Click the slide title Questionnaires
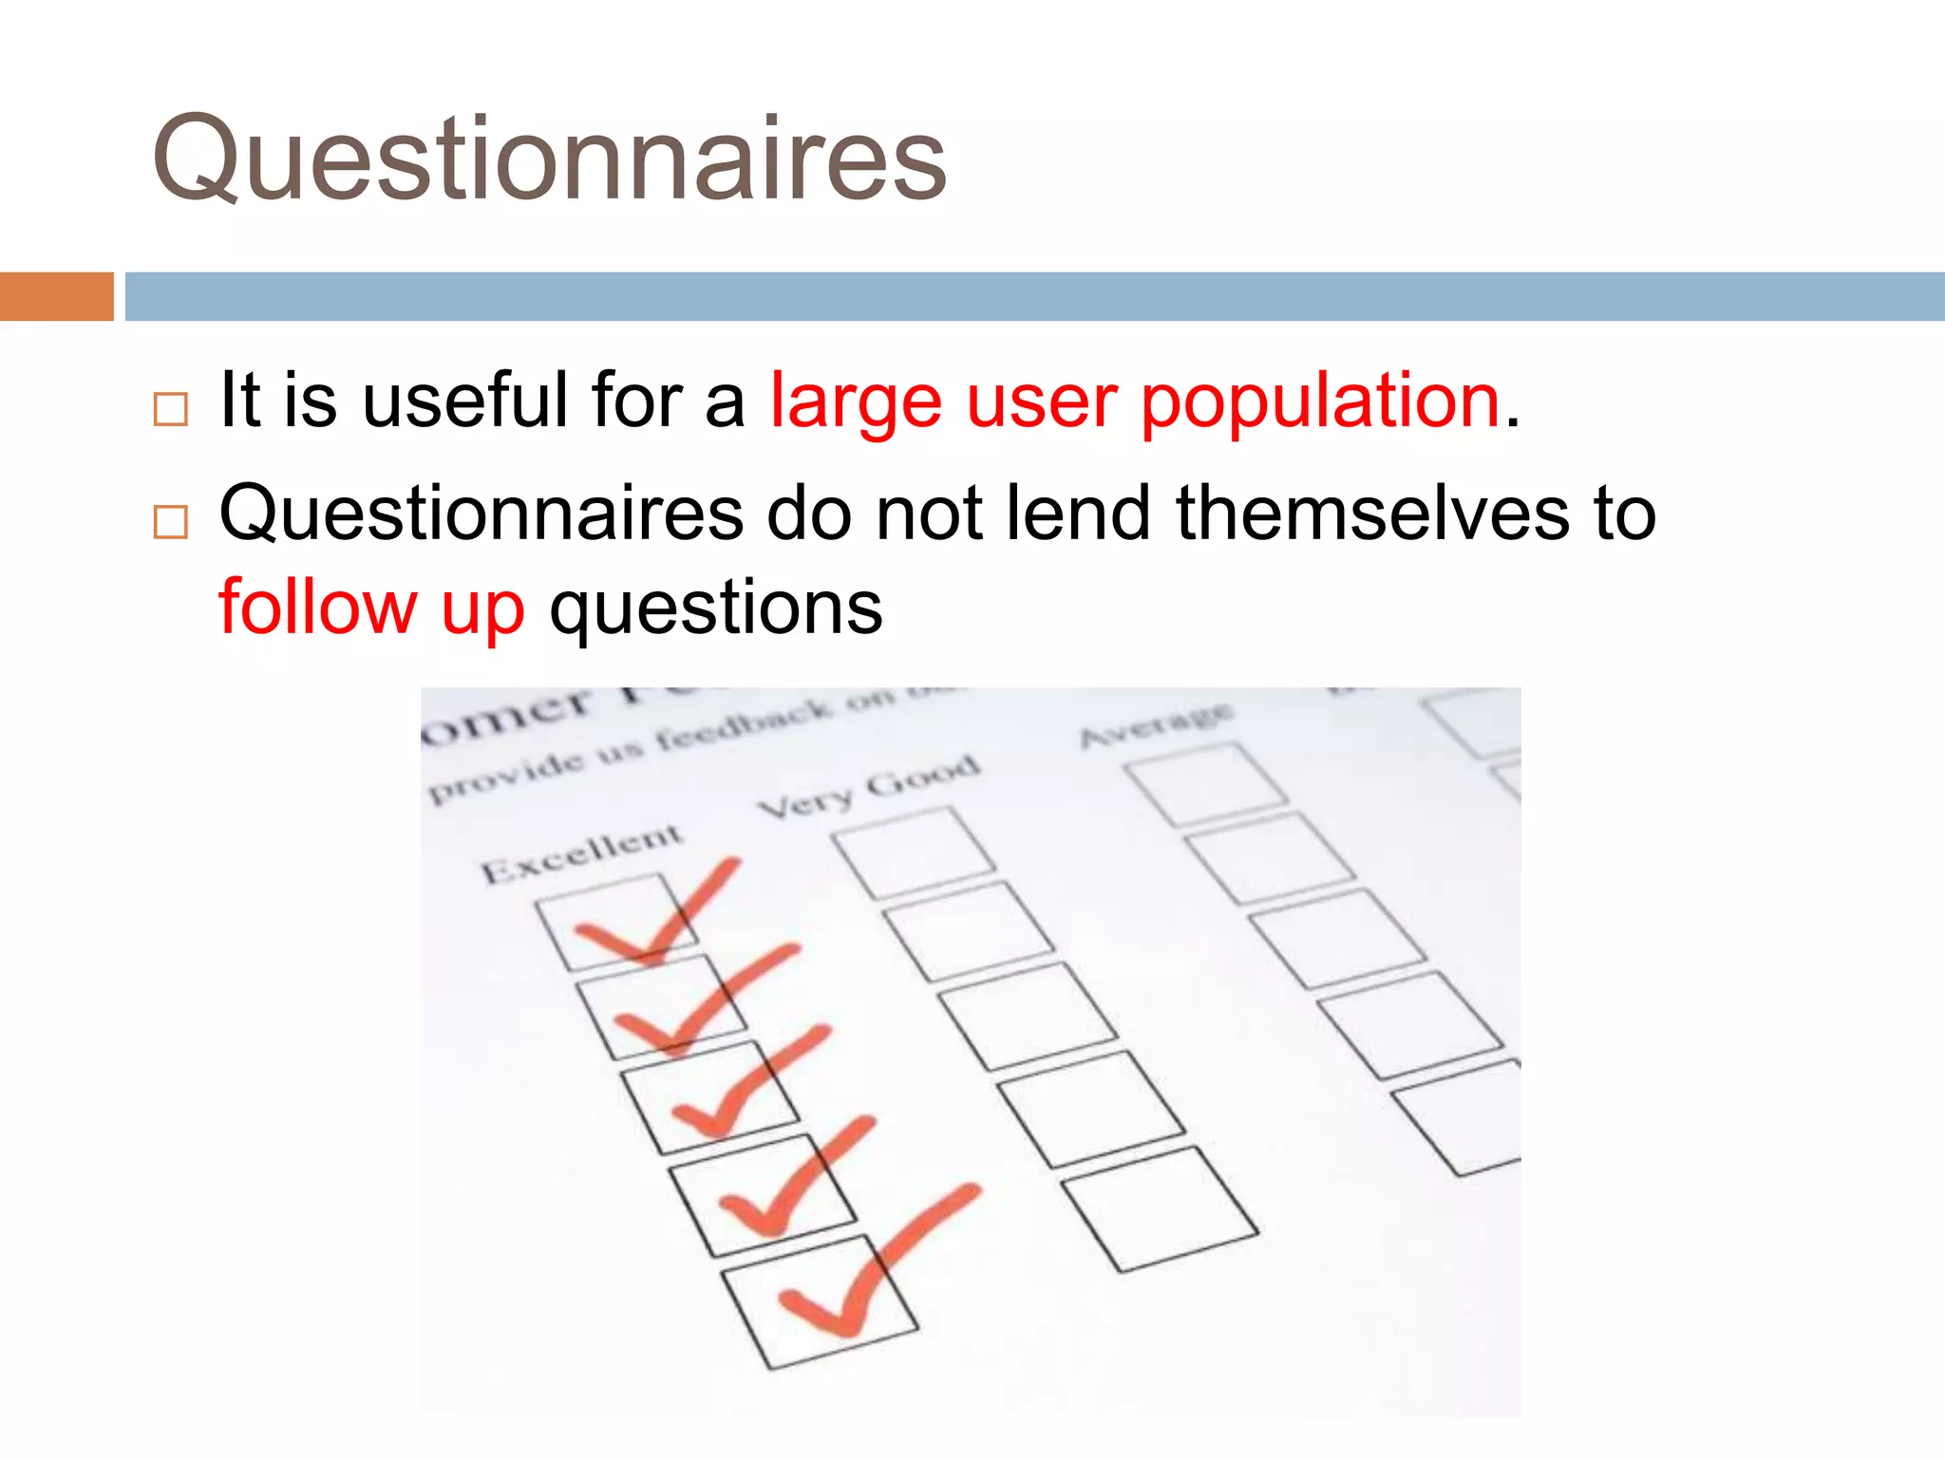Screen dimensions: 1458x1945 pos(549,159)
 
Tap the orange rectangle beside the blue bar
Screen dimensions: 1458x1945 pos(56,296)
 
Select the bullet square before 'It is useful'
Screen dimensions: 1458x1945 pos(171,409)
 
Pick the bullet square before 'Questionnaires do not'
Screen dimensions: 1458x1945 pos(171,522)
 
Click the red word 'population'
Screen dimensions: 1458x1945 pos(1320,402)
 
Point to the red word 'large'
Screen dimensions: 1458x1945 pos(856,402)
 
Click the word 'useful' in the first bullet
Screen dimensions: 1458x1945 pos(465,401)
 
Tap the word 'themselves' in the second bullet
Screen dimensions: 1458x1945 pos(1372,514)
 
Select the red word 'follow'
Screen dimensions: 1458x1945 pos(317,607)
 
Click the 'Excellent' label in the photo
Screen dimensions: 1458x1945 pos(581,852)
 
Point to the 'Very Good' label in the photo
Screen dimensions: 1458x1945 pos(868,786)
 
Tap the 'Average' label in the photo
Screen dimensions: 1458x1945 pos(1157,725)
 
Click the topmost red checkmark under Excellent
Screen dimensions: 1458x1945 pos(655,917)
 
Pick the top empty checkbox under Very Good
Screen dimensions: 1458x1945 pos(914,852)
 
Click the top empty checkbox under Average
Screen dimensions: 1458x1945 pos(1206,784)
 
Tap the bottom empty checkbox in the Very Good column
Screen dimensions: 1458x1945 pos(1159,1209)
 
